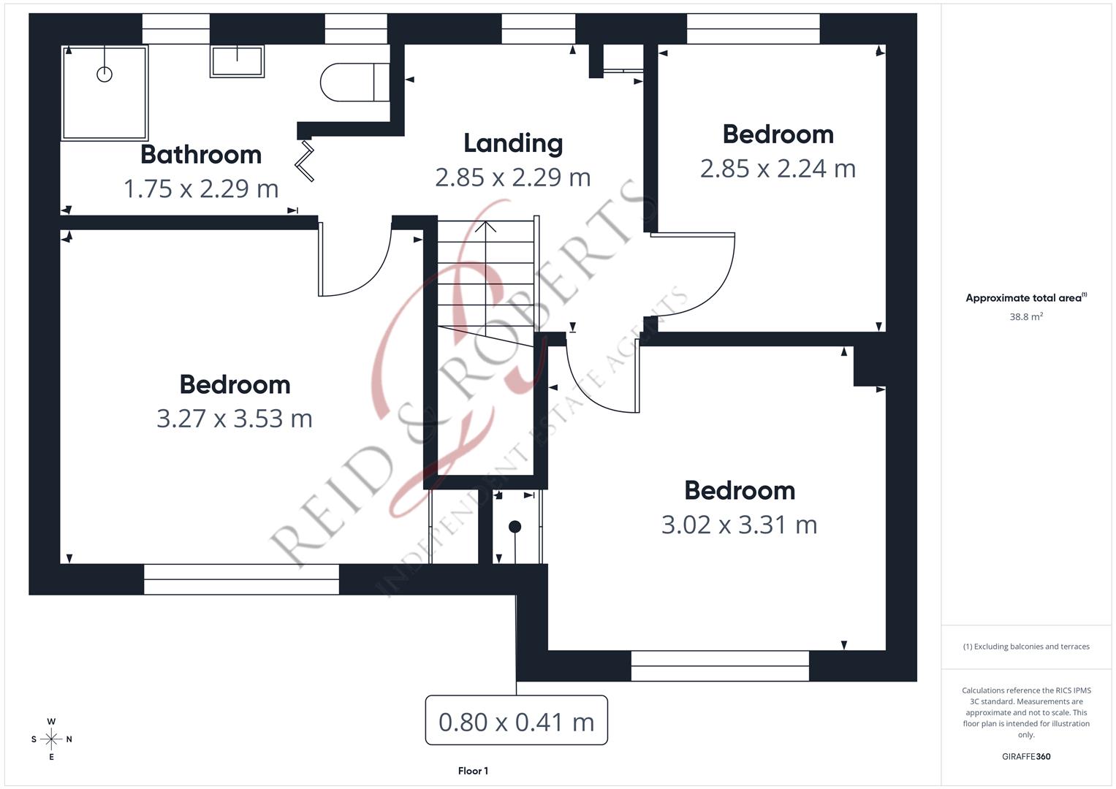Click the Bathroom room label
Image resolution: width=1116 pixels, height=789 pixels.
201,155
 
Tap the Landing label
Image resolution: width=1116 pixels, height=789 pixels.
513,144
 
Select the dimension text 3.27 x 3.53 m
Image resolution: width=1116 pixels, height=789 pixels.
235,419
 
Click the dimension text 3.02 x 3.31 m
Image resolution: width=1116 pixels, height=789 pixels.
739,525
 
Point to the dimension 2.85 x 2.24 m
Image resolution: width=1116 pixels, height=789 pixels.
778,169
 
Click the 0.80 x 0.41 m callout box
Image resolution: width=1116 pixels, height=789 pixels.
516,721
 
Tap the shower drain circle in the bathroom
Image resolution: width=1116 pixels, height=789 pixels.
105,74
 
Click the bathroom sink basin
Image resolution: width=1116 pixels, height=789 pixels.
237,61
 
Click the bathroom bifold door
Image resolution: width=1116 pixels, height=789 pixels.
305,161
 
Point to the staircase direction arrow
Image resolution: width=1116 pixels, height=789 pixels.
485,226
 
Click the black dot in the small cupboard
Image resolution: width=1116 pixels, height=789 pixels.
515,527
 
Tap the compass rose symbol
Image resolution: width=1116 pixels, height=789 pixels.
51,739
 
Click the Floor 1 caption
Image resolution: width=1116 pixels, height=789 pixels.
473,771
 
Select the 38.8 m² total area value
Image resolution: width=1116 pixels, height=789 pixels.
1025,317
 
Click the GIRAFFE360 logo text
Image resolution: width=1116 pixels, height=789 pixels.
1025,756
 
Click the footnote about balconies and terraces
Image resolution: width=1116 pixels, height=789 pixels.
1025,647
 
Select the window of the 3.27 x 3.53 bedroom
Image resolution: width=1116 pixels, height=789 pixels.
241,579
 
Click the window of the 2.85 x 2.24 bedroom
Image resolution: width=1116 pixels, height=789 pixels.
753,29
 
